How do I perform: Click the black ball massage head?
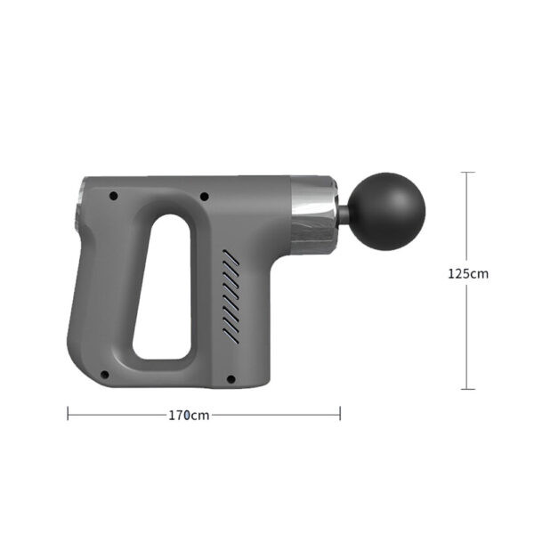click(387, 211)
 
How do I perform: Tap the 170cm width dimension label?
click(189, 415)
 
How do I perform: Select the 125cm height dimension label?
click(468, 273)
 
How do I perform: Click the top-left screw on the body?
click(113, 196)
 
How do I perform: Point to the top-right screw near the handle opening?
click(205, 196)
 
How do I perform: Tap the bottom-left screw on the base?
click(105, 375)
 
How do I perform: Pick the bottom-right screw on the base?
click(231, 379)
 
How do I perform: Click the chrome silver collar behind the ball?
click(313, 215)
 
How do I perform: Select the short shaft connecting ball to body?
click(344, 214)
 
